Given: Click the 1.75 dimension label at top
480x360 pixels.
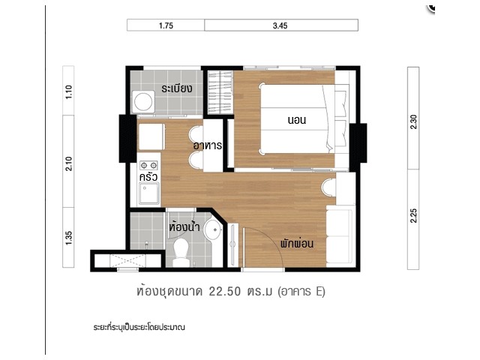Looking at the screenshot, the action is pyautogui.click(x=166, y=25).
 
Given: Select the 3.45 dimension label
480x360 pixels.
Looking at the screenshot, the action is pyautogui.click(x=280, y=25).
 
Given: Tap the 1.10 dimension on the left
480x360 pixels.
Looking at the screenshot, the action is pyautogui.click(x=68, y=91).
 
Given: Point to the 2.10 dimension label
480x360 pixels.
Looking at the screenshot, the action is pyautogui.click(x=68, y=163).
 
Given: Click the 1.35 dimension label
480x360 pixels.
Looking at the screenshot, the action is pyautogui.click(x=68, y=238).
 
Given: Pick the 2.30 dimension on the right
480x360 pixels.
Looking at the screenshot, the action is pyautogui.click(x=413, y=121).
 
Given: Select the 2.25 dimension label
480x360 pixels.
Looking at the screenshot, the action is pyautogui.click(x=413, y=215).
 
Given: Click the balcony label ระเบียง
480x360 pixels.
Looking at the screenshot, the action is pyautogui.click(x=177, y=88).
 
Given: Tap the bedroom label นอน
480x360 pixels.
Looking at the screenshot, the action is pyautogui.click(x=297, y=120).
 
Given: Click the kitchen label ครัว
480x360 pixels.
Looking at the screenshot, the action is pyautogui.click(x=148, y=177).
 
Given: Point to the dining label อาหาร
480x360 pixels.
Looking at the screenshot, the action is pyautogui.click(x=208, y=145).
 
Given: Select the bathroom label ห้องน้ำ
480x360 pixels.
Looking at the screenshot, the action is pyautogui.click(x=184, y=226).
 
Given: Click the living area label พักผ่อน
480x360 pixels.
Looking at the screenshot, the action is pyautogui.click(x=297, y=243).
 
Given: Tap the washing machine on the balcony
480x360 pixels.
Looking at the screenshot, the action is pyautogui.click(x=143, y=101).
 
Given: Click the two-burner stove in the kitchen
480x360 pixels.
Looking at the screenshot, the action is pyautogui.click(x=148, y=165).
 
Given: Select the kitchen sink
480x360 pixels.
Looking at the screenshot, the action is pyautogui.click(x=149, y=193).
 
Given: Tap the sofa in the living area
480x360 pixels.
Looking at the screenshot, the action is pyautogui.click(x=340, y=235).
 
